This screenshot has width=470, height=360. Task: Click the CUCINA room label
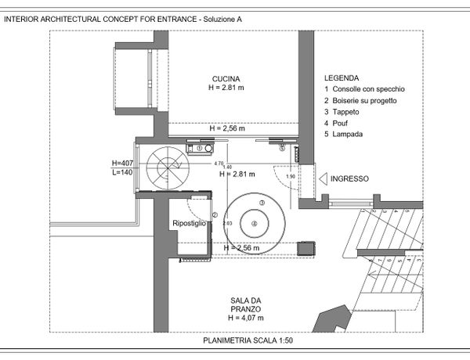tap(226, 78)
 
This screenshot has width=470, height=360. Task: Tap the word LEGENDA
tap(342, 78)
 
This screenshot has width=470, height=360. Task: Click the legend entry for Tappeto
tap(342, 112)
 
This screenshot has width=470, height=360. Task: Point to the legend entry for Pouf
tap(338, 123)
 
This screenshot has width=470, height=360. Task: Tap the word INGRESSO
tap(349, 179)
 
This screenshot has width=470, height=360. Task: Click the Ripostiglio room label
tap(189, 224)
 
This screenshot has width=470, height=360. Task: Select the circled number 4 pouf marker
tap(254, 223)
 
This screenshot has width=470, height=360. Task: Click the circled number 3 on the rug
tap(262, 202)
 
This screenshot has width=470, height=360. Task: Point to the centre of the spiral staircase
tap(169, 166)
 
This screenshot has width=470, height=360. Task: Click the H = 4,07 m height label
tap(246, 318)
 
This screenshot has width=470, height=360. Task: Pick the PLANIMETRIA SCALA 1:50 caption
tap(248, 341)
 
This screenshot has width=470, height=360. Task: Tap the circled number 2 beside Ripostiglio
tap(214, 216)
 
